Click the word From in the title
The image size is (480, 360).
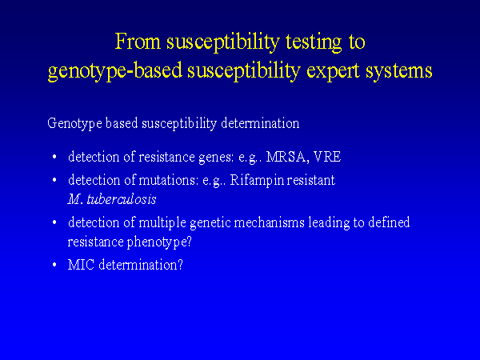coord(138,42)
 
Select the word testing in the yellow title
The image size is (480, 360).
coord(314,42)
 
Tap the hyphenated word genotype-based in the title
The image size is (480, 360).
coord(115,71)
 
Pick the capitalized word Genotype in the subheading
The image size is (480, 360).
coord(74,124)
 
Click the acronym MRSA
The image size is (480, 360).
coord(286,157)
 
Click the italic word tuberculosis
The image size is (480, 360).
coord(122,199)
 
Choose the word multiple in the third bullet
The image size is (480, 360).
coord(162,222)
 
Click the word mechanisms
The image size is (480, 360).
coord(269,222)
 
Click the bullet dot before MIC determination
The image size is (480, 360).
coord(54,265)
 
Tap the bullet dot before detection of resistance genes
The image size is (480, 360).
coord(54,157)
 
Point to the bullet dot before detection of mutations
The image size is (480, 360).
coord(54,180)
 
